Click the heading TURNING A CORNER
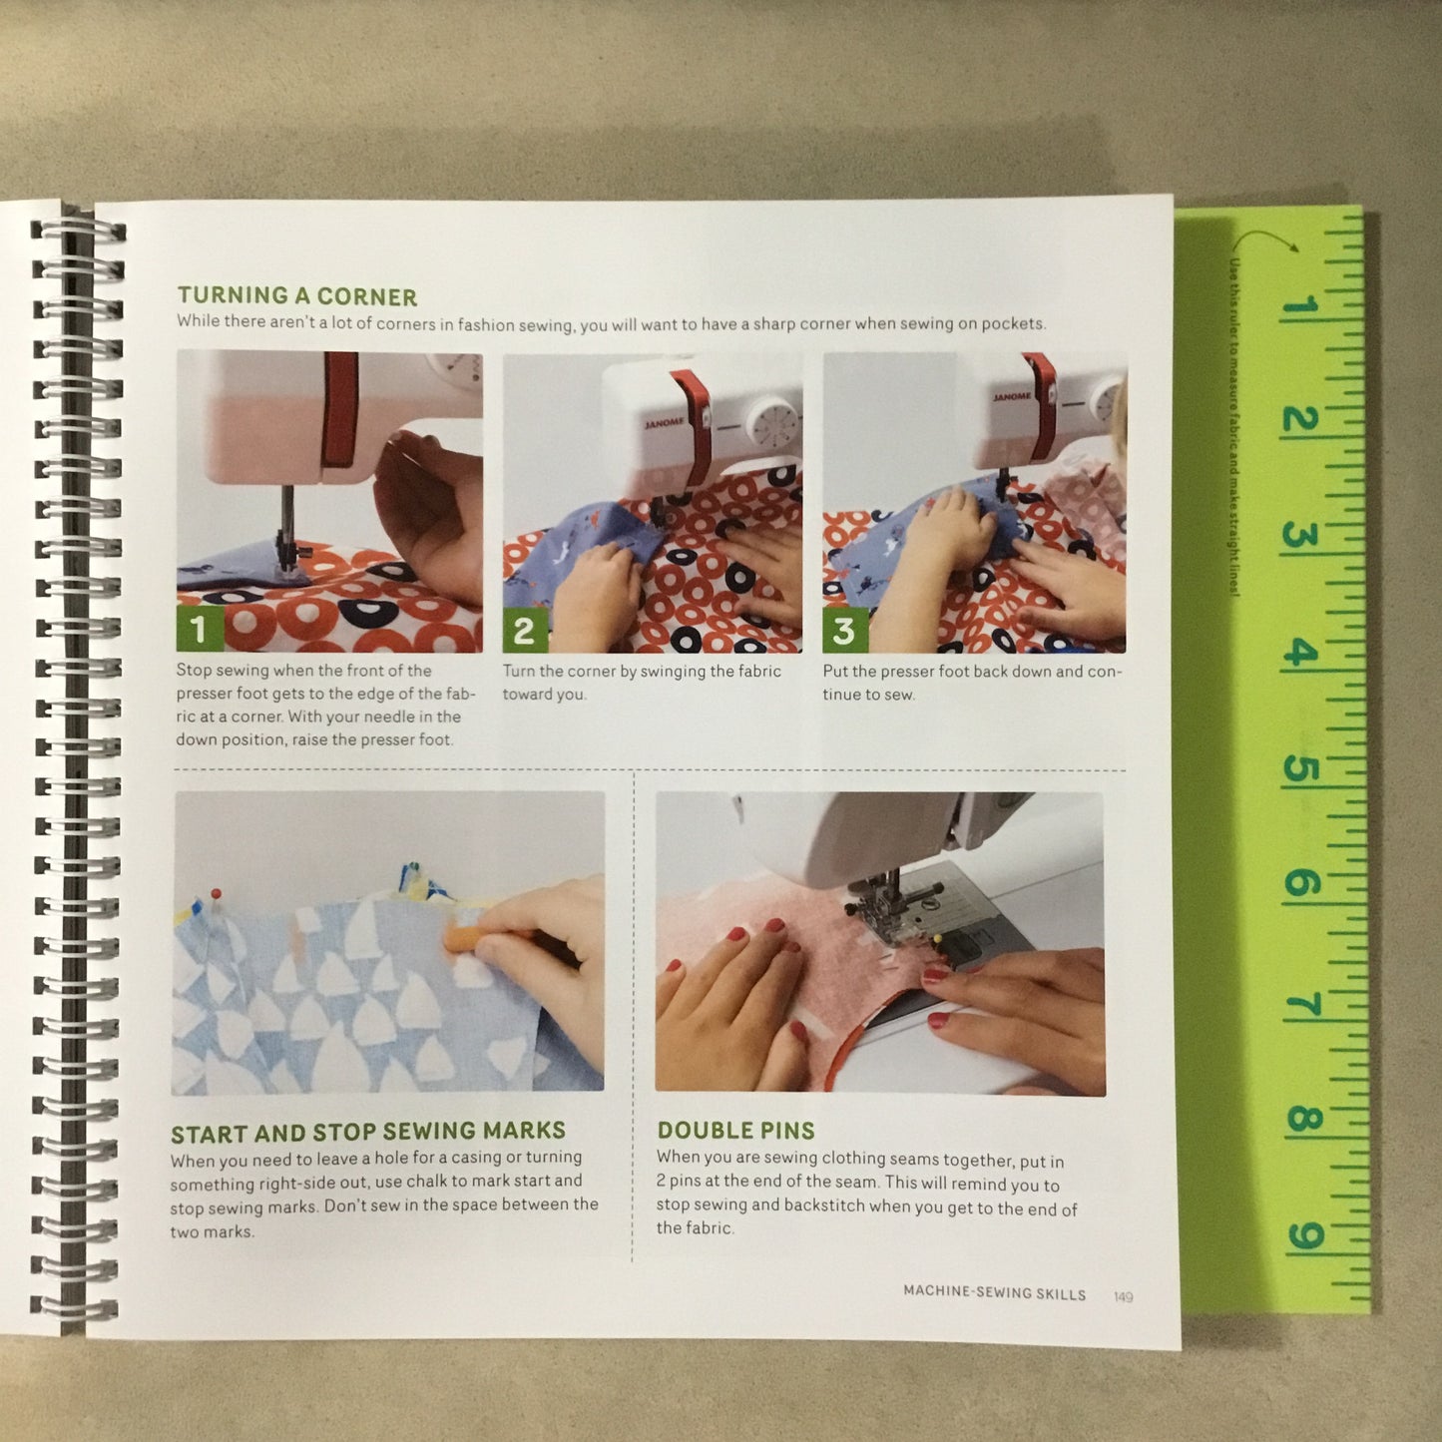click(x=297, y=296)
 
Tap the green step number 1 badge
click(x=199, y=629)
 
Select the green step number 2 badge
click(x=524, y=630)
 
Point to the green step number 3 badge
click(x=844, y=630)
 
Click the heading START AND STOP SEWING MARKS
click(x=367, y=1132)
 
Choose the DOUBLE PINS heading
click(x=735, y=1131)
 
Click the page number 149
click(x=1123, y=1296)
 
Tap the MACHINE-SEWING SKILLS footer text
click(x=994, y=1292)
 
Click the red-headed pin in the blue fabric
click(x=216, y=894)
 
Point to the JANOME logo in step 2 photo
click(x=664, y=423)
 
